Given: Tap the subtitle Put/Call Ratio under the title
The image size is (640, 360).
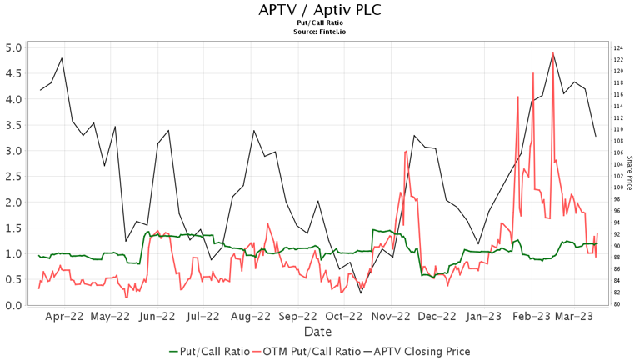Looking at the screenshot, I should tap(319, 23).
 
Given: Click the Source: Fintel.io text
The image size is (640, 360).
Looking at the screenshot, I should tap(319, 32).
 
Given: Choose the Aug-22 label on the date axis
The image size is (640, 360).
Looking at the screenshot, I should tap(251, 317).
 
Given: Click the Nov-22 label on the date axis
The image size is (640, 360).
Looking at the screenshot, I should tap(391, 317).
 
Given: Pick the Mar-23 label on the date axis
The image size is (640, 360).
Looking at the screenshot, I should tap(574, 317).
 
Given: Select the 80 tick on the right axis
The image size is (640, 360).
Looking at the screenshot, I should tap(617, 304).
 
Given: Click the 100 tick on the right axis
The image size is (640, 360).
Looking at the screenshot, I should tap(618, 187).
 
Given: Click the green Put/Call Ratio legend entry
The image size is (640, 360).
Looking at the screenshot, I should tap(205, 351).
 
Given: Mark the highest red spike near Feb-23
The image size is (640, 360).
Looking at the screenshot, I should tap(552, 53).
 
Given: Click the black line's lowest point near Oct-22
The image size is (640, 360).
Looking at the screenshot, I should tap(361, 292).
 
